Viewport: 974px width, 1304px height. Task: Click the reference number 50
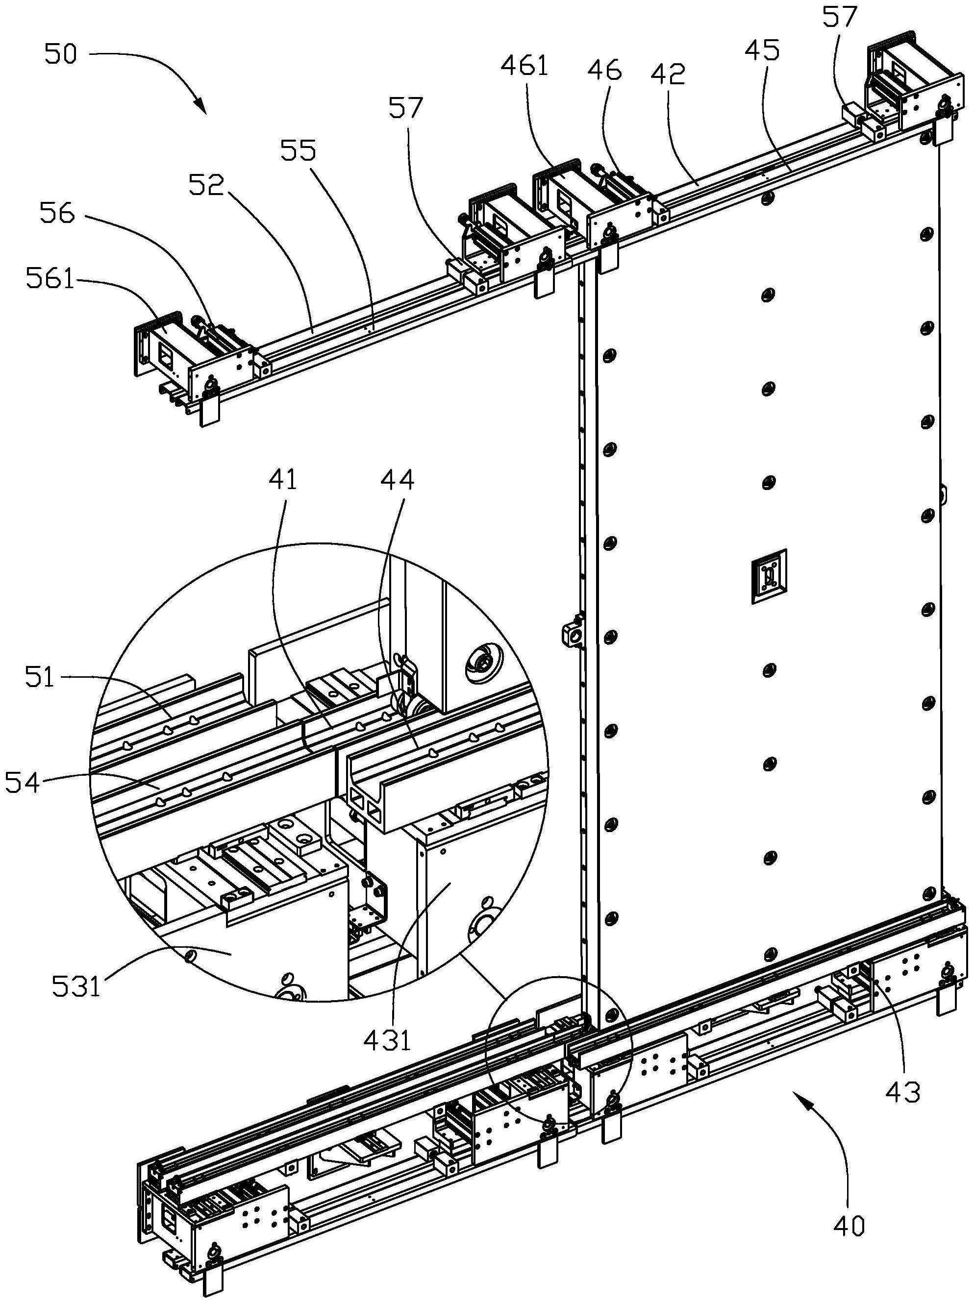tap(60, 55)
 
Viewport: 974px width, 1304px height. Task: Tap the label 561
tap(50, 279)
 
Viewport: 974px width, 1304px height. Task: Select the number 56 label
tap(57, 214)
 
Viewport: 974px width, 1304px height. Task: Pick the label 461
tap(524, 66)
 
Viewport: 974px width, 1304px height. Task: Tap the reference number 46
tap(604, 70)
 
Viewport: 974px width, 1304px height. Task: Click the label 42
tap(669, 74)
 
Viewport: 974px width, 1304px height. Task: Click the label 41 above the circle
tap(282, 480)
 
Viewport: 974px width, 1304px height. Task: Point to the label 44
tap(397, 480)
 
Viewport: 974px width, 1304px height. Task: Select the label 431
tap(386, 1040)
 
